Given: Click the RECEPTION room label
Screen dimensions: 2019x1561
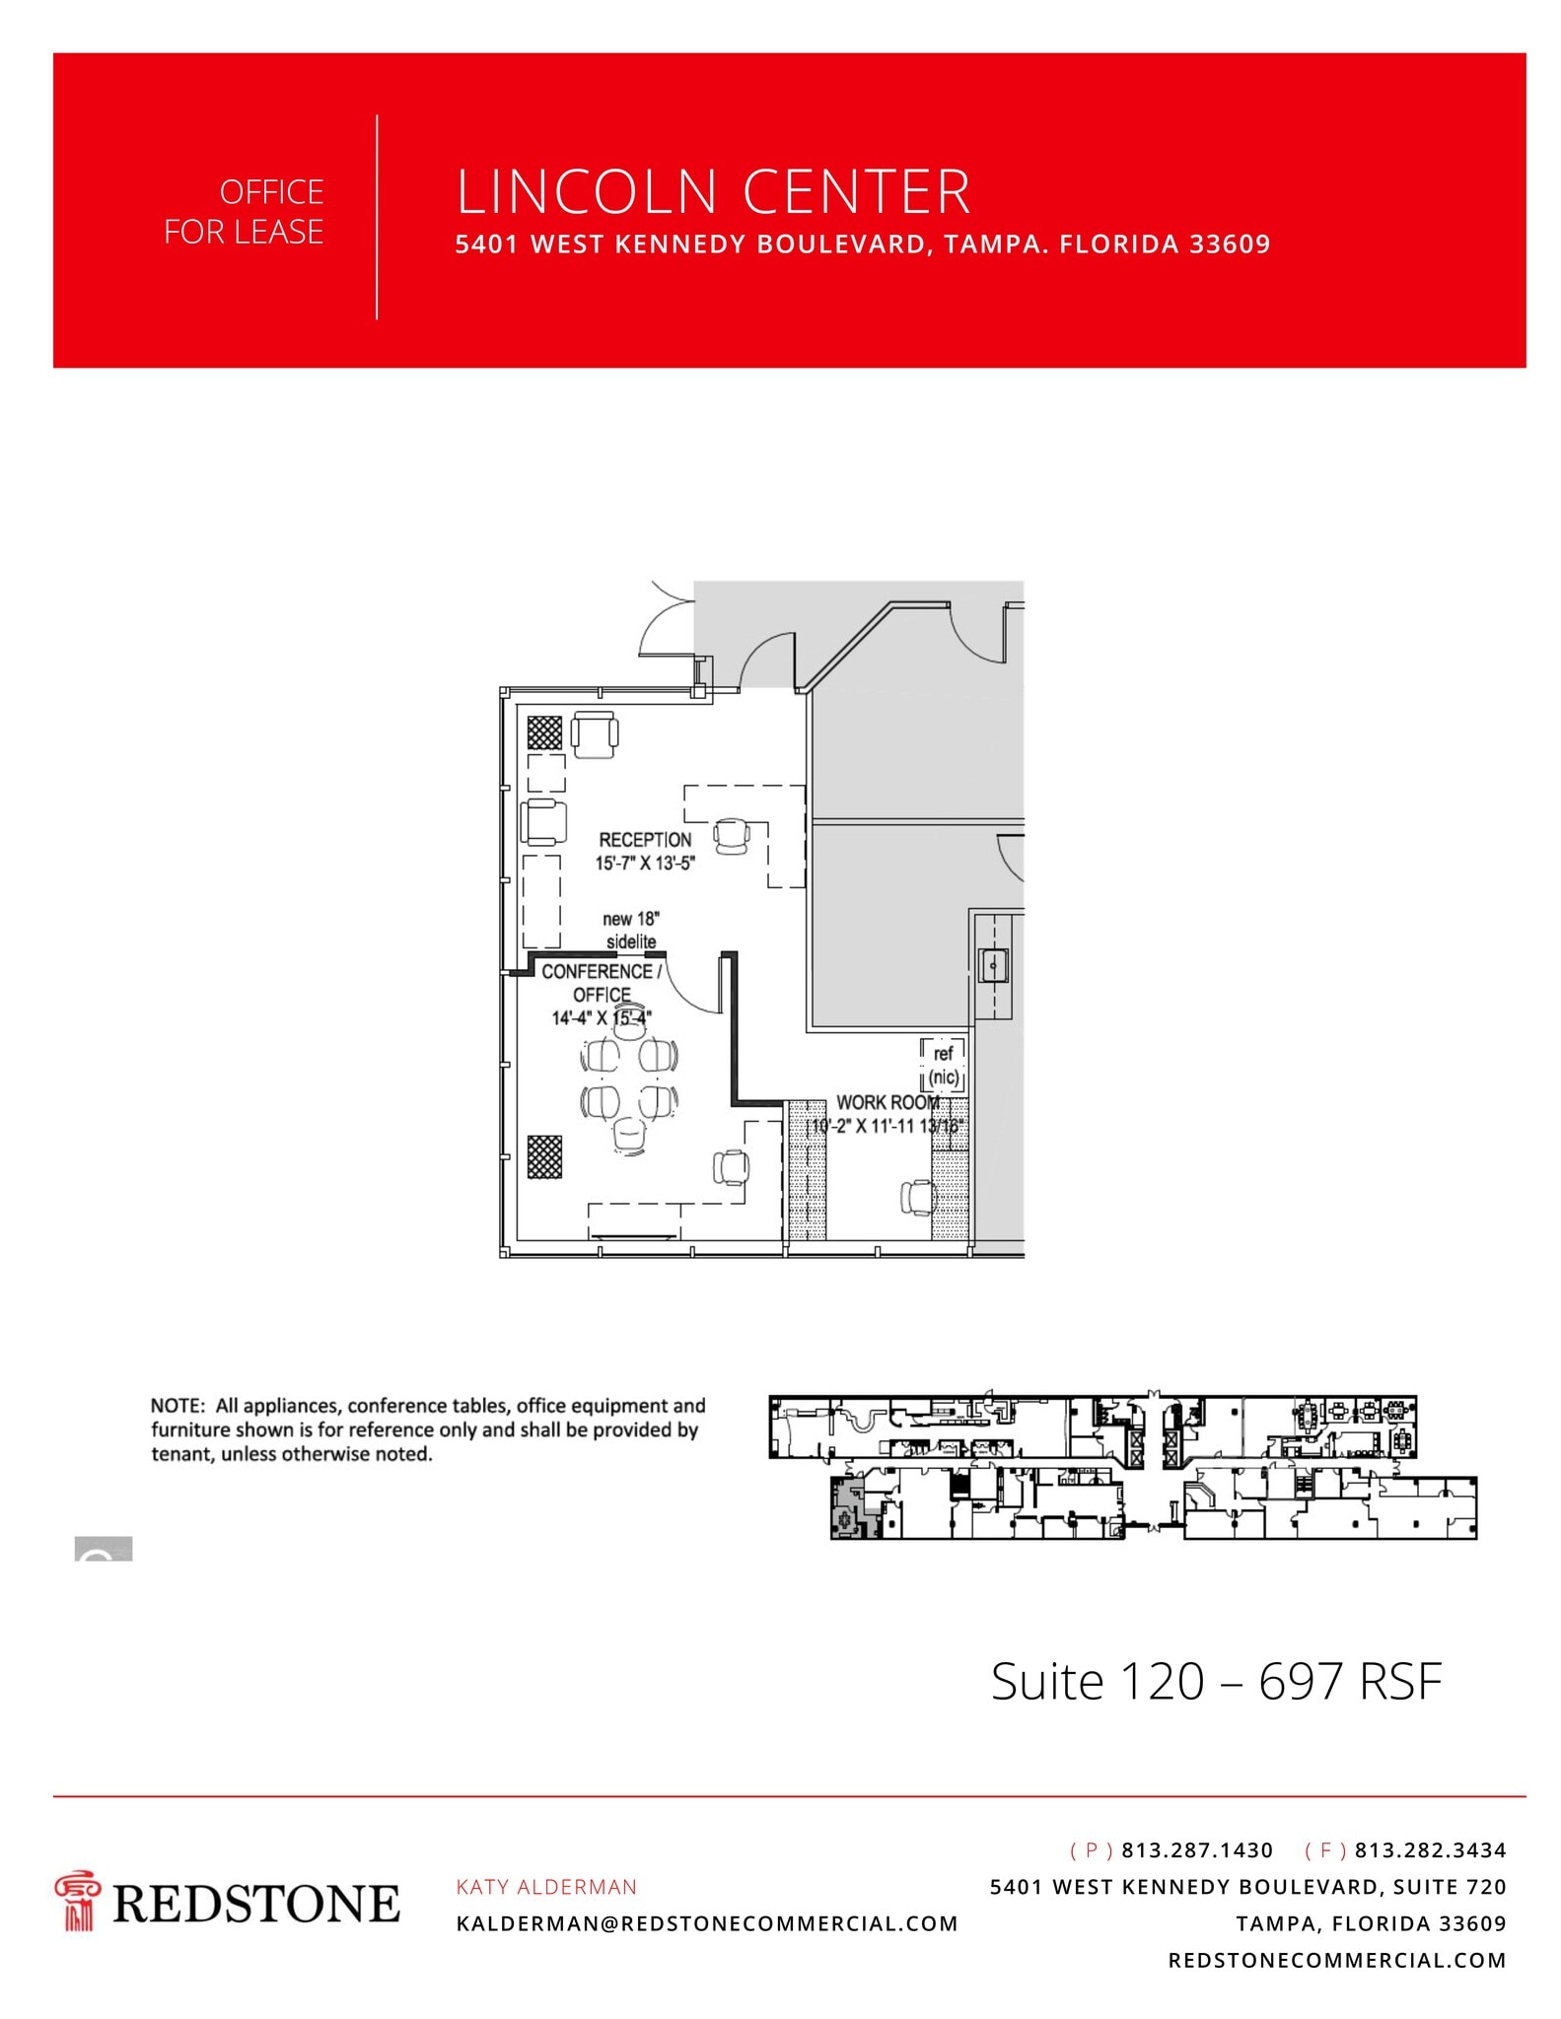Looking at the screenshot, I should (x=645, y=840).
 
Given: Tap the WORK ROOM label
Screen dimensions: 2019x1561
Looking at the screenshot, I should (x=887, y=1102).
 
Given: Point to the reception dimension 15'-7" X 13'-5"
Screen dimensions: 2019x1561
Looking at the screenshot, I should (x=645, y=864).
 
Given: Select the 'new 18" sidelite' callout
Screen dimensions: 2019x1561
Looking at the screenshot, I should (x=631, y=930).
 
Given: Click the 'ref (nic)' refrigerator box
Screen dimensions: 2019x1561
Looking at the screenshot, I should (x=943, y=1066).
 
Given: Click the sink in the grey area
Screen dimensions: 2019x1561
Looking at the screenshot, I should (x=992, y=965).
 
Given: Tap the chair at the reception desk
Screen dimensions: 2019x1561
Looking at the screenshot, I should (x=732, y=837).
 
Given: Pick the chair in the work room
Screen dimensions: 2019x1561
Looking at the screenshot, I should (x=917, y=1197).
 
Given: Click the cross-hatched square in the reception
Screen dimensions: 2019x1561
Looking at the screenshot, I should (x=544, y=732).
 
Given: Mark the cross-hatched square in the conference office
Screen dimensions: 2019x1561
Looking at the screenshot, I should (x=544, y=1156).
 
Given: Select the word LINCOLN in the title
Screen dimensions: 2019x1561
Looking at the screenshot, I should (x=586, y=192).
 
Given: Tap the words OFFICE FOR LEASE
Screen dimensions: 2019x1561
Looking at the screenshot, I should (x=244, y=212).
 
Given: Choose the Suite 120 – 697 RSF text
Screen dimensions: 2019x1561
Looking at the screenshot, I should (x=1216, y=1681).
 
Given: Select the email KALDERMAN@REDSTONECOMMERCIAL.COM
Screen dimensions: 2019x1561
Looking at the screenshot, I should (x=707, y=1923).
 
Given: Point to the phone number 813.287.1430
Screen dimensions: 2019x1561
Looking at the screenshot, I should (x=1197, y=1850).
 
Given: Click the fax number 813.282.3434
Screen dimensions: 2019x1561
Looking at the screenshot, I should (x=1430, y=1850).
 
